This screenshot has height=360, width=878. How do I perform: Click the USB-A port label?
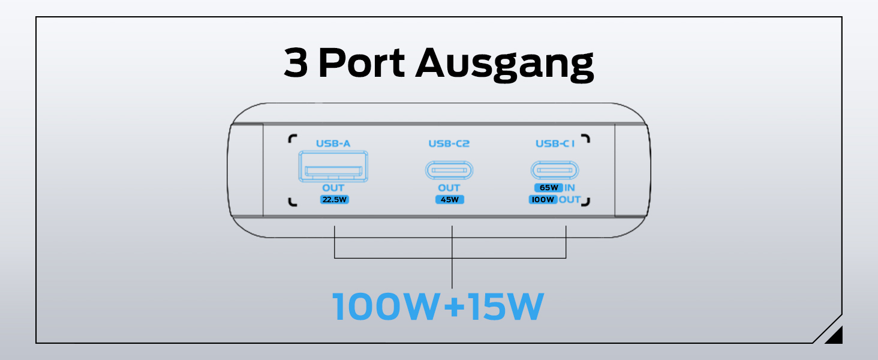(x=333, y=143)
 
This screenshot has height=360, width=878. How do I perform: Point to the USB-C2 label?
(x=449, y=143)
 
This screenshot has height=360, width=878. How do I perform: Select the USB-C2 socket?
(x=449, y=170)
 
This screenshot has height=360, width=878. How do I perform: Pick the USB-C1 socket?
(x=555, y=170)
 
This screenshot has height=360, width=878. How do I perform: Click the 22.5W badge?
(x=334, y=200)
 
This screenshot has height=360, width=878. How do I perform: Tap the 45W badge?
(x=450, y=200)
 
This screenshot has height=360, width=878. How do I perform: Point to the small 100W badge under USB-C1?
(x=543, y=200)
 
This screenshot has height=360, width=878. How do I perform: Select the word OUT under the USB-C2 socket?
(x=449, y=188)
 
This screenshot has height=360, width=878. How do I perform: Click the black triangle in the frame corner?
(x=835, y=337)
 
